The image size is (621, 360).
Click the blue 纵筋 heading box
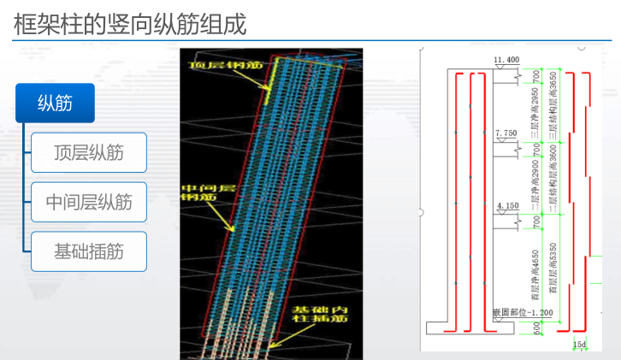point(54,103)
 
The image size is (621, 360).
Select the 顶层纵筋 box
point(88,153)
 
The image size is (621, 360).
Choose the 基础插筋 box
point(88,251)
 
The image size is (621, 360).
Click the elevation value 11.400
point(506,60)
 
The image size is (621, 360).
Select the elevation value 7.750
point(506,133)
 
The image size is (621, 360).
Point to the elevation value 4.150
point(506,206)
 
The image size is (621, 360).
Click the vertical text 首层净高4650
point(535,271)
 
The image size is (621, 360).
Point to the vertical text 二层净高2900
point(535,181)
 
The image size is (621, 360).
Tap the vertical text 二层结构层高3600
point(553,181)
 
